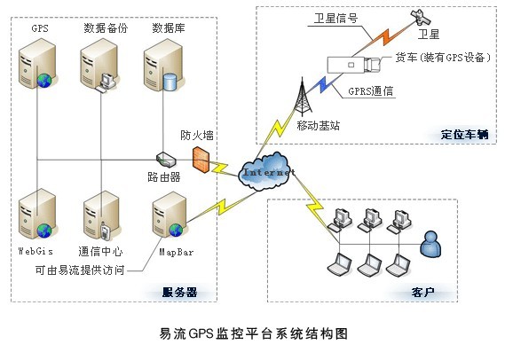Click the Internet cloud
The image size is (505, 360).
[x=266, y=171]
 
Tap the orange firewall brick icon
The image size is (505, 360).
[x=201, y=160]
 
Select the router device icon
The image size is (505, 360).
[x=166, y=160]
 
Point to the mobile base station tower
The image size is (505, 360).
[x=302, y=97]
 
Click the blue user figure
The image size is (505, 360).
[x=430, y=244]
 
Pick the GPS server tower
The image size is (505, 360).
[x=38, y=63]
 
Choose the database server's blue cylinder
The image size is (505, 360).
[x=170, y=82]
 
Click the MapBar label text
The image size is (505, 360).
[x=176, y=252]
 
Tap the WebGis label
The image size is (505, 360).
[x=36, y=251]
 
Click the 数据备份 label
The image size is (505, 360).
[x=106, y=28]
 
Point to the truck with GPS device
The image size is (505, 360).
[x=354, y=65]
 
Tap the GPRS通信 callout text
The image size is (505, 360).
[x=371, y=91]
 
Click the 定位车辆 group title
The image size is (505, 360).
[x=464, y=134]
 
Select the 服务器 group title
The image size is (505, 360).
[x=179, y=292]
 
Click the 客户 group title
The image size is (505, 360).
[x=422, y=292]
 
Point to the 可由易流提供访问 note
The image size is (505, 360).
[x=80, y=270]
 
